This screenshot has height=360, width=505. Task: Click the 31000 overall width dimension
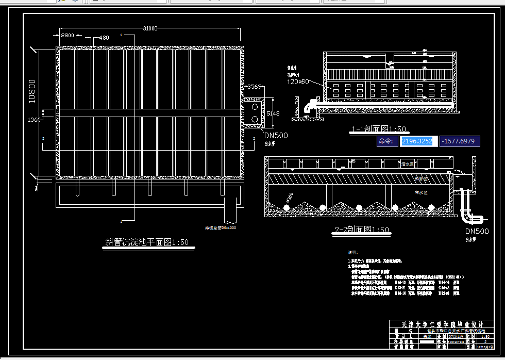[150, 28]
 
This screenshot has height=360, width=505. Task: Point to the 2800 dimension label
[68, 36]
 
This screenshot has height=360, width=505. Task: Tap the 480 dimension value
[103, 38]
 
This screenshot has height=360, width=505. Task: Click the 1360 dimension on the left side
[33, 120]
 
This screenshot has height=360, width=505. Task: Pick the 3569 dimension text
[255, 87]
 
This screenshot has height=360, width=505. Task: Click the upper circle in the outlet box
[254, 107]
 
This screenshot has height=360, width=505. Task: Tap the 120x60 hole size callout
[298, 81]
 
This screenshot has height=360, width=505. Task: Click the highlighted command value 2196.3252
[417, 141]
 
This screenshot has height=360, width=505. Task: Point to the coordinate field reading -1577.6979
[460, 141]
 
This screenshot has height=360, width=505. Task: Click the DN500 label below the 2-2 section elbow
[477, 231]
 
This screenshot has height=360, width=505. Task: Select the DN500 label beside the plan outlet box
[276, 136]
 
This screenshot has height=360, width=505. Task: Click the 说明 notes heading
[352, 252]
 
